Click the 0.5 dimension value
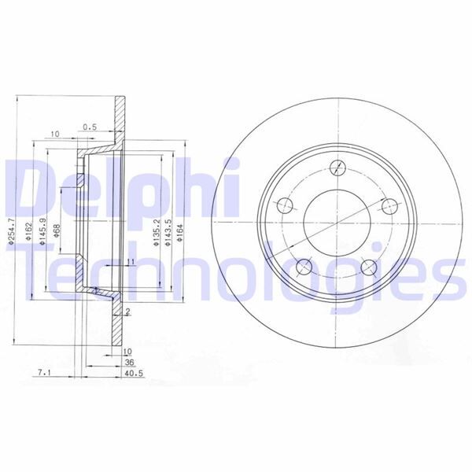pos(89,127)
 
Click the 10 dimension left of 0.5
pos(55,135)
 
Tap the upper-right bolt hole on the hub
pos(387,206)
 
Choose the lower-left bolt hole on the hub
pos(303,265)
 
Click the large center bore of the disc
pos(336,221)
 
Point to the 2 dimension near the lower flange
pos(127,312)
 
